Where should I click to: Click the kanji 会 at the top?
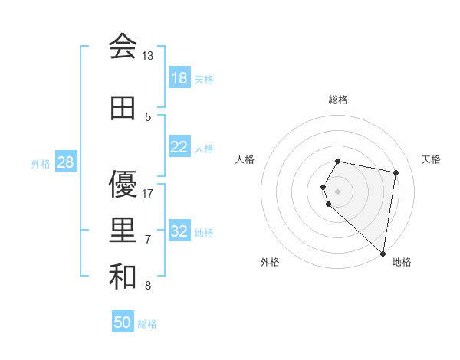tap(123, 47)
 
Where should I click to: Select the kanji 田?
tap(123, 109)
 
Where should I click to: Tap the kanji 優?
tap(123, 185)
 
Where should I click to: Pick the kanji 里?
tap(123, 231)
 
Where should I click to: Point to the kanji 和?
tap(123, 277)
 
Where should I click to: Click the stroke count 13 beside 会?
tap(148, 56)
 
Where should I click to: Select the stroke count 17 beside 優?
tap(148, 194)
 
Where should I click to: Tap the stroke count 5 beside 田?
tap(148, 117)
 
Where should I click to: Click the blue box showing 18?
tap(179, 78)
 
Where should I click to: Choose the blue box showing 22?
tap(179, 147)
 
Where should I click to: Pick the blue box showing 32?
tap(179, 231)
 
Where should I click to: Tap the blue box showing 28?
tap(66, 162)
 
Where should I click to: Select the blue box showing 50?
tap(123, 322)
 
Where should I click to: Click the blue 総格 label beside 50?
tap(147, 324)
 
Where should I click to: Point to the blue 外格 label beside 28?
tap(41, 163)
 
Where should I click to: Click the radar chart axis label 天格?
tap(431, 159)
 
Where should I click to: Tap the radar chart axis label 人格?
tap(245, 159)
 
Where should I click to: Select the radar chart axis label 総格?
tap(338, 100)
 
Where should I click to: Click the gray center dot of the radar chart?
tap(338, 191)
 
